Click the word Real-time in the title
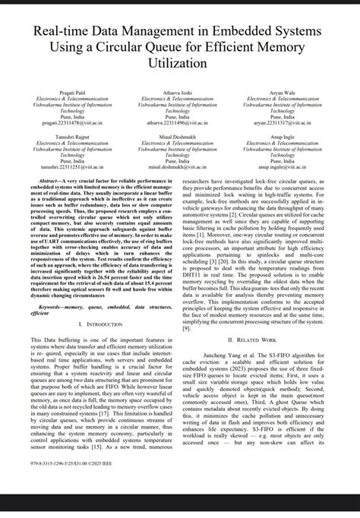point(61,31)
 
